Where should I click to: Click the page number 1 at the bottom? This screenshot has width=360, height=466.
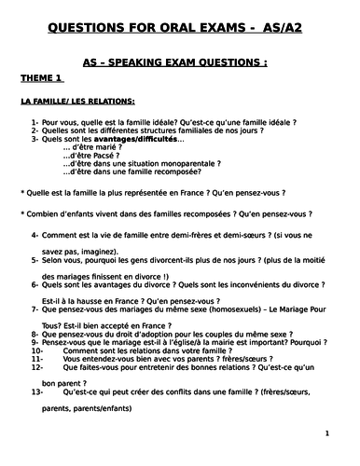tap(326, 433)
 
